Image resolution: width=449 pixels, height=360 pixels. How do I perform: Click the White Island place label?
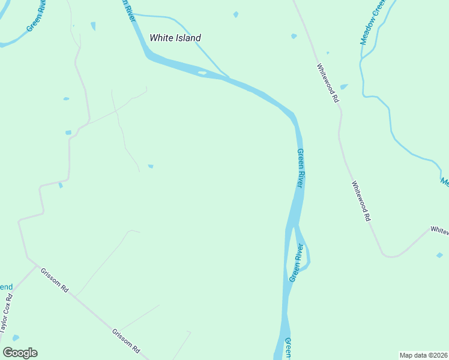175,38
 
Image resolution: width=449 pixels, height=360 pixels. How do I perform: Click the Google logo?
20,353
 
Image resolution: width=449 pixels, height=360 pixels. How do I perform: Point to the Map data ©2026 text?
423,355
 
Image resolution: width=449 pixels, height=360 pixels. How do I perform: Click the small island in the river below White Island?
202,73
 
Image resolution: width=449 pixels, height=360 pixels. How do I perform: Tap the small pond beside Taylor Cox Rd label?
16,338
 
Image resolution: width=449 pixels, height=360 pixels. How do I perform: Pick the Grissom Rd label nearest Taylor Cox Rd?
55,280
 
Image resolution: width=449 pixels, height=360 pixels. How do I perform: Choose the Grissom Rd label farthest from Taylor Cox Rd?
126,340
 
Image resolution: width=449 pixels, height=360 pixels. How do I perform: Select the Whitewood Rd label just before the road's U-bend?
360,202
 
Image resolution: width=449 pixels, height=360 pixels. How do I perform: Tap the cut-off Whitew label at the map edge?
439,230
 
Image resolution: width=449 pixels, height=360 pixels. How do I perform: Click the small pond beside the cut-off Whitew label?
439,255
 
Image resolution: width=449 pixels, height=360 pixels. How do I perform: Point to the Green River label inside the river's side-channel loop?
296,263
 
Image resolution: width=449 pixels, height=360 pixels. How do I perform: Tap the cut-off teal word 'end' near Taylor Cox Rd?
5,286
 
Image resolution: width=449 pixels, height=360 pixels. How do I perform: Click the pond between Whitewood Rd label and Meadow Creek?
344,86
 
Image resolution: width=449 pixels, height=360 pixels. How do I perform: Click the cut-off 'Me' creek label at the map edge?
444,181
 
